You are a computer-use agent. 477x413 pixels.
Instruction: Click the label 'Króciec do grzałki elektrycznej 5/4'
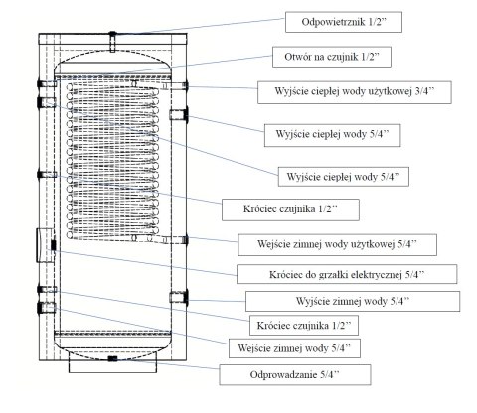point(347,273)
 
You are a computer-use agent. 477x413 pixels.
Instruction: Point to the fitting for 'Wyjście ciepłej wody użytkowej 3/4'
point(182,87)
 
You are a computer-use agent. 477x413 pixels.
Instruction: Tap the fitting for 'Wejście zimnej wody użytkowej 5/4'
point(182,239)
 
